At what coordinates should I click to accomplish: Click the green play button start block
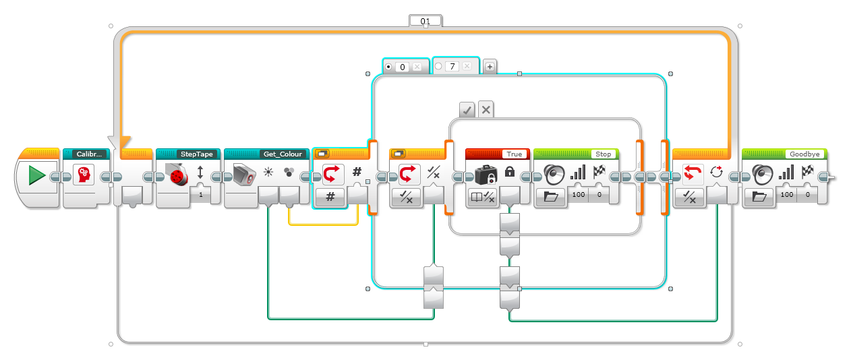point(37,177)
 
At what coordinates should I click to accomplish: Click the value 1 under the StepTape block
point(200,195)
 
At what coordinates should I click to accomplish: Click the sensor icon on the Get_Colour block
point(245,175)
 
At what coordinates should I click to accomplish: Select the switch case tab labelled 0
point(402,67)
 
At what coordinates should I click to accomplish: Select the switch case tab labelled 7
point(452,67)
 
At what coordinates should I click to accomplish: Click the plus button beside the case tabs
point(490,66)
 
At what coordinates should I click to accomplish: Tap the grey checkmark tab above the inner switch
point(467,109)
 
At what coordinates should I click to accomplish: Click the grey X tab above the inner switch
point(486,109)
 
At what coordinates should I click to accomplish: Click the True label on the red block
point(514,154)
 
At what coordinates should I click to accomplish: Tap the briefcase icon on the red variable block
point(486,175)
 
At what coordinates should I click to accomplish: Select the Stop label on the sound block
point(603,154)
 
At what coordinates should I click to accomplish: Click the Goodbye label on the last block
point(804,154)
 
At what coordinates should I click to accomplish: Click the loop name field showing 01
point(425,22)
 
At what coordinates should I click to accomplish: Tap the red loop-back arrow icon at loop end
point(691,175)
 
